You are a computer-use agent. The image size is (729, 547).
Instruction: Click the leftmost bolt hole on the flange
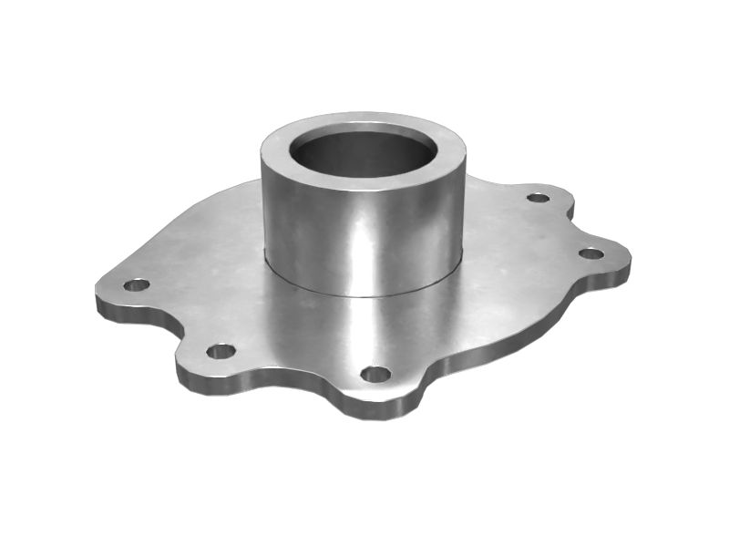[x=136, y=284]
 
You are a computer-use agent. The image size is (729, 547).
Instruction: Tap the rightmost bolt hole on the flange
[x=591, y=253]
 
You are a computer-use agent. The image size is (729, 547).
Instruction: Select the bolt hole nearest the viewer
[x=375, y=374]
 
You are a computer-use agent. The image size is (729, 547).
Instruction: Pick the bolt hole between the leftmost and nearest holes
[x=221, y=351]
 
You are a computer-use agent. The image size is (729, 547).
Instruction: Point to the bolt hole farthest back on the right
[x=539, y=197]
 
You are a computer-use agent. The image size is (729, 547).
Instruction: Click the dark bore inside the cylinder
[x=363, y=153]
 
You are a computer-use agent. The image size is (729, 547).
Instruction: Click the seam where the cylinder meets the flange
[x=364, y=294]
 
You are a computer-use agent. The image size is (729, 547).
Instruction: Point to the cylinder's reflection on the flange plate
[x=364, y=328]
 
